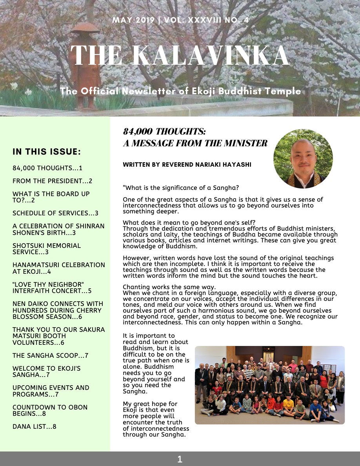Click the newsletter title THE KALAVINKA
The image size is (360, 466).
point(180,56)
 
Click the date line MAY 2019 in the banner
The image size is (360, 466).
point(133,20)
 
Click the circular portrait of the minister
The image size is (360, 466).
point(303,159)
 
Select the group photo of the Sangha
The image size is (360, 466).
point(269,385)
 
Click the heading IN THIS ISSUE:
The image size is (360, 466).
point(47,152)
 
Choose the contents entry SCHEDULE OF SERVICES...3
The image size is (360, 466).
point(55,213)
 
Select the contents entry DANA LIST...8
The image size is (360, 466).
point(35,426)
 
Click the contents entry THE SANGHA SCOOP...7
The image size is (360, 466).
point(50,356)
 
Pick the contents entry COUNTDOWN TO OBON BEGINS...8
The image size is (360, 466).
point(50,410)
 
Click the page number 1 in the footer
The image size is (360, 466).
point(180,459)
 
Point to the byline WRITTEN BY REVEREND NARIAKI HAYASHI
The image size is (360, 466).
point(187,165)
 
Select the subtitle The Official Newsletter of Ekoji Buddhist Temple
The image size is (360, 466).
point(180,91)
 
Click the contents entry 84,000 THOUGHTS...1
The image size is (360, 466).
point(47,168)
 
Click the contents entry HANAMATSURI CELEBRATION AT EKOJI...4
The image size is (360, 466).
point(59,268)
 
